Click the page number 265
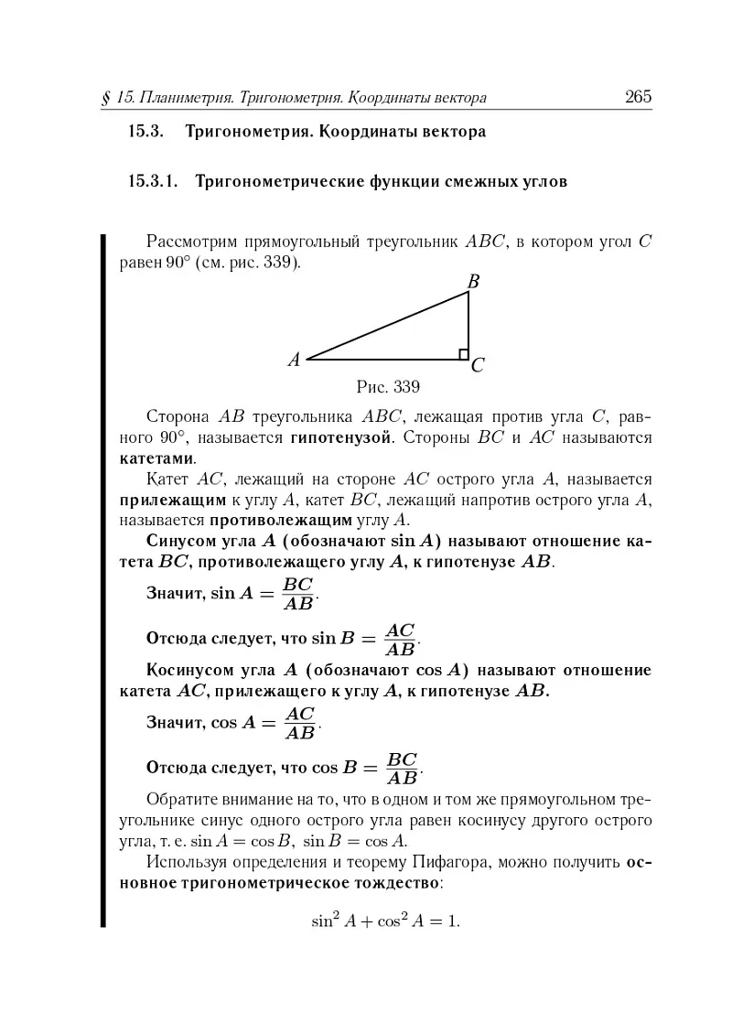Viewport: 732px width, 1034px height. (637, 96)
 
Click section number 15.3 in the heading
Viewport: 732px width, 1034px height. (145, 132)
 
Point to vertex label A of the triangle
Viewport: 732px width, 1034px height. (294, 360)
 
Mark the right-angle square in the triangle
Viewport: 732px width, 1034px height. (464, 354)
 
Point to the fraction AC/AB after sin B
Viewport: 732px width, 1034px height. (400, 640)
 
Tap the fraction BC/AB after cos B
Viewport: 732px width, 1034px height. (403, 769)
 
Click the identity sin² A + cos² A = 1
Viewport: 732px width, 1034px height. (384, 920)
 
